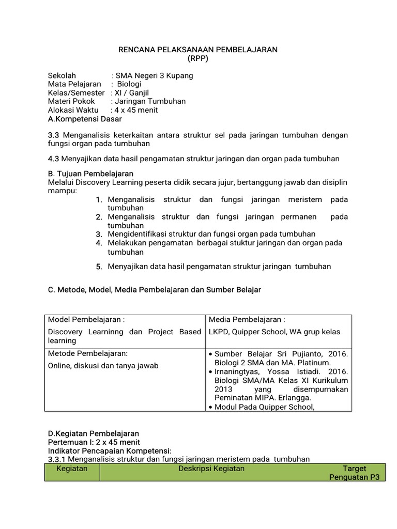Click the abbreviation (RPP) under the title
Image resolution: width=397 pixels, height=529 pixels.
pos(198,58)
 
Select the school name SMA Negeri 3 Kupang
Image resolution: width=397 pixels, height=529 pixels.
pos(155,75)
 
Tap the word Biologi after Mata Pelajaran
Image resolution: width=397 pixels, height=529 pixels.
pos(129,84)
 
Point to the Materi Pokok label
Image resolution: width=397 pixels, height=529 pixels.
pos(71,101)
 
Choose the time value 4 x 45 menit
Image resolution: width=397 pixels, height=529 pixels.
pos(136,110)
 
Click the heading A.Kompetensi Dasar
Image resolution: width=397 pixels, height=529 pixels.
pos(85,119)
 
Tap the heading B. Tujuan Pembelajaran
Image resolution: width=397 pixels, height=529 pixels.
pos(90,174)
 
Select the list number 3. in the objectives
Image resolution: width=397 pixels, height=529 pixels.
pos(99,234)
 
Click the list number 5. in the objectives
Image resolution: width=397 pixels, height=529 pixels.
pos(99,267)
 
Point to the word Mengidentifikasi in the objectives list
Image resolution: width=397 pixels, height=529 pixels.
pos(137,234)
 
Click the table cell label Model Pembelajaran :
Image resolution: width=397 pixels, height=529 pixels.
pos(86,320)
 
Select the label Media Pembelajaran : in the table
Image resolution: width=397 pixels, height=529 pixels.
pos(247,320)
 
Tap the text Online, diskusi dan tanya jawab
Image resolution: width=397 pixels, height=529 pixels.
pos(103,365)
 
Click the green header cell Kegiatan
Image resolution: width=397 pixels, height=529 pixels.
pos(72,469)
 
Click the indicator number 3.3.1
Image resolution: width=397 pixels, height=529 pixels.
pos(57,459)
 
